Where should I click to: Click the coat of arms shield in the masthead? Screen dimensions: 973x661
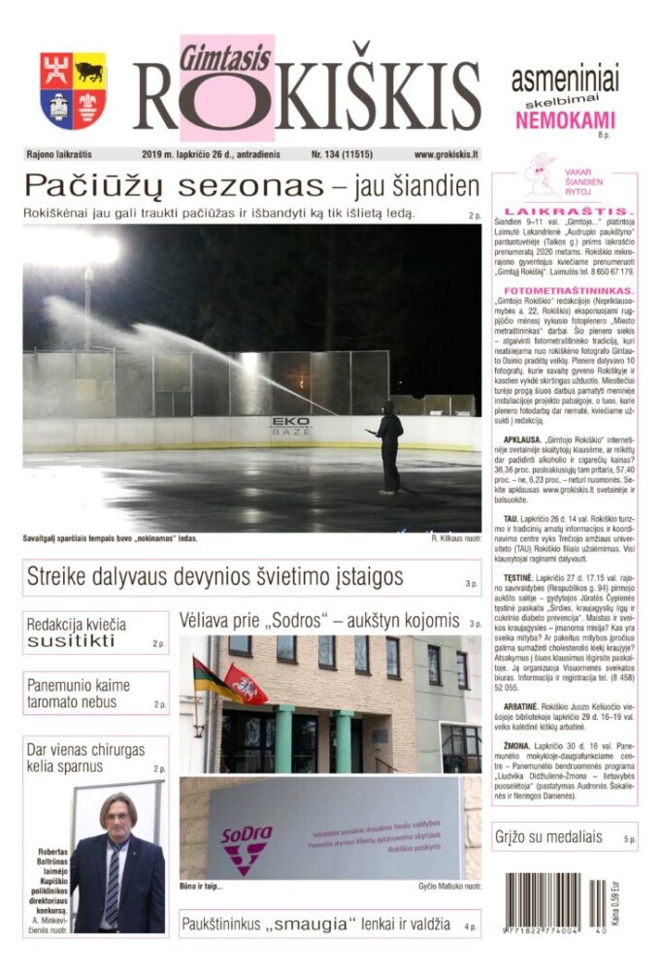pyautogui.click(x=73, y=90)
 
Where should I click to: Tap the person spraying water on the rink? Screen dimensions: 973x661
pyautogui.click(x=389, y=444)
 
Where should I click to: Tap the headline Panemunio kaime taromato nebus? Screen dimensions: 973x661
pyautogui.click(x=83, y=693)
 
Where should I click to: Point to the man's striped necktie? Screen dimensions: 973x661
pyautogui.click(x=113, y=884)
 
